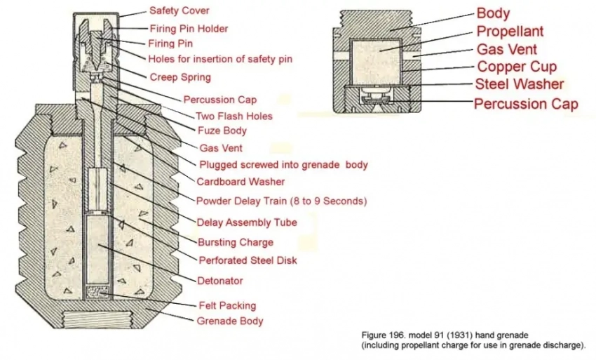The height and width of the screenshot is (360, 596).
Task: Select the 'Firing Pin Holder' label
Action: [189, 29]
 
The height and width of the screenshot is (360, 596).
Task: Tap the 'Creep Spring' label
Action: [180, 76]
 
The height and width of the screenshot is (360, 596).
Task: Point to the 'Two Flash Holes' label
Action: [233, 115]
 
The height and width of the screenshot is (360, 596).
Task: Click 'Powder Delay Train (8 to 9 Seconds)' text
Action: [281, 201]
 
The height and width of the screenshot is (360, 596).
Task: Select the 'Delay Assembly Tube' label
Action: [247, 222]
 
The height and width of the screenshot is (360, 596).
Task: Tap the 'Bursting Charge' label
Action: [235, 242]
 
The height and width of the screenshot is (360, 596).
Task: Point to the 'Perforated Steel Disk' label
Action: [248, 260]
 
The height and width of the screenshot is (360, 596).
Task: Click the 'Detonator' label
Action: [220, 281]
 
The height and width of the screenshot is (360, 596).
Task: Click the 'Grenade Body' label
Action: [231, 321]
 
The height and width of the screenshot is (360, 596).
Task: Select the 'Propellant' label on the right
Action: [510, 32]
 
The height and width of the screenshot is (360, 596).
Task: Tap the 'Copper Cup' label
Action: [517, 67]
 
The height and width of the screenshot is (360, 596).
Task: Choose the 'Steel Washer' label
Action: [519, 85]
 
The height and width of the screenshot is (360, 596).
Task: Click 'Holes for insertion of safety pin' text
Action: [220, 59]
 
